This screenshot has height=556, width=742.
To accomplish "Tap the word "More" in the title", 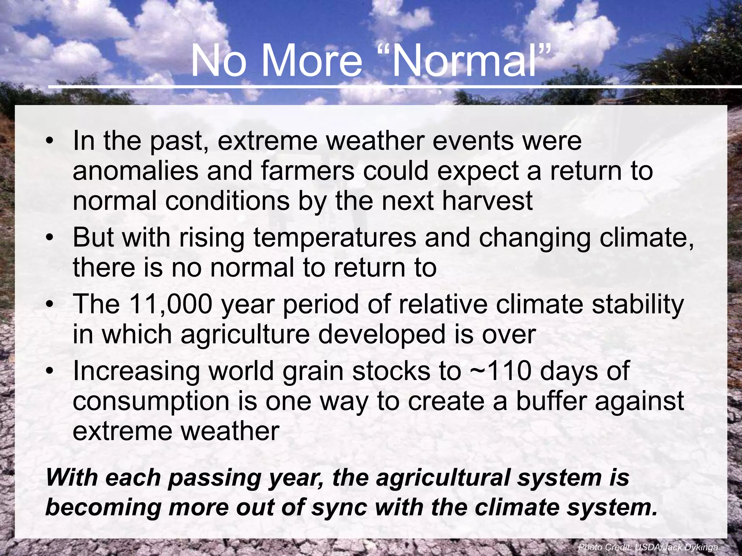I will tap(312, 60).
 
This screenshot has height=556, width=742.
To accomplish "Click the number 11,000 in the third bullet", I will tap(170, 304).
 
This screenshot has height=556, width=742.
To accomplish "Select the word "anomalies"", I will tap(135, 171).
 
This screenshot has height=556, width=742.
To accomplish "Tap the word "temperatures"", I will tap(335, 238).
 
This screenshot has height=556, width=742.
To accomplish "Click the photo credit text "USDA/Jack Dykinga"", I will tap(676, 547).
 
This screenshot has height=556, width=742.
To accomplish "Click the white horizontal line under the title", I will tap(362, 87).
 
